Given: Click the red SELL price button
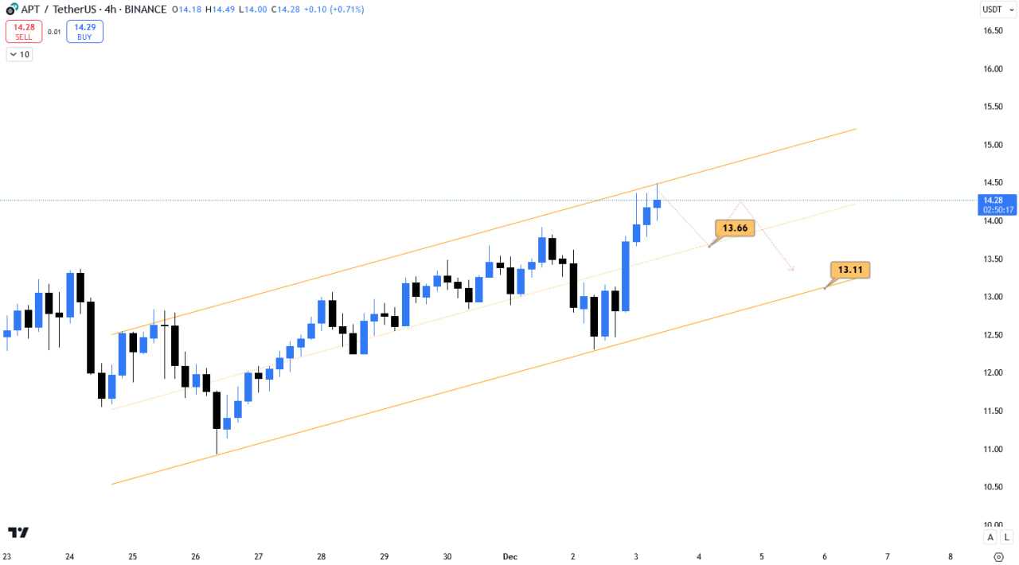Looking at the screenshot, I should click(x=23, y=31).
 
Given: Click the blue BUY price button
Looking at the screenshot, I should click(x=84, y=31).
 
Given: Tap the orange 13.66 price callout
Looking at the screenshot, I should click(x=734, y=228).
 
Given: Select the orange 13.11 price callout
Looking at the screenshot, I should click(x=849, y=270).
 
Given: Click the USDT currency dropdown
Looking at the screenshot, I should click(x=995, y=10).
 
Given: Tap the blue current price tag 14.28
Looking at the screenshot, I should click(x=997, y=205).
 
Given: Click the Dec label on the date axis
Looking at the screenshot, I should click(x=510, y=557).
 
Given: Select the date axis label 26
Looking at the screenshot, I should click(x=196, y=557).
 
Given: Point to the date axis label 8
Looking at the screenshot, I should click(x=951, y=557).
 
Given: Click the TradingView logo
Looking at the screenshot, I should click(x=18, y=532).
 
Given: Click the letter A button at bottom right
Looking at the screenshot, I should click(x=990, y=537).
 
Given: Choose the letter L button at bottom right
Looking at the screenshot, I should click(x=1006, y=537).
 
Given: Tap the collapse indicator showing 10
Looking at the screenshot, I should click(x=19, y=54).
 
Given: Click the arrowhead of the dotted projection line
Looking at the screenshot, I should click(x=791, y=269).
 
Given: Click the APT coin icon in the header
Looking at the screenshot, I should click(x=10, y=10).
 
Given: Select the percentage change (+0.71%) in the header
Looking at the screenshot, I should click(x=343, y=10).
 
